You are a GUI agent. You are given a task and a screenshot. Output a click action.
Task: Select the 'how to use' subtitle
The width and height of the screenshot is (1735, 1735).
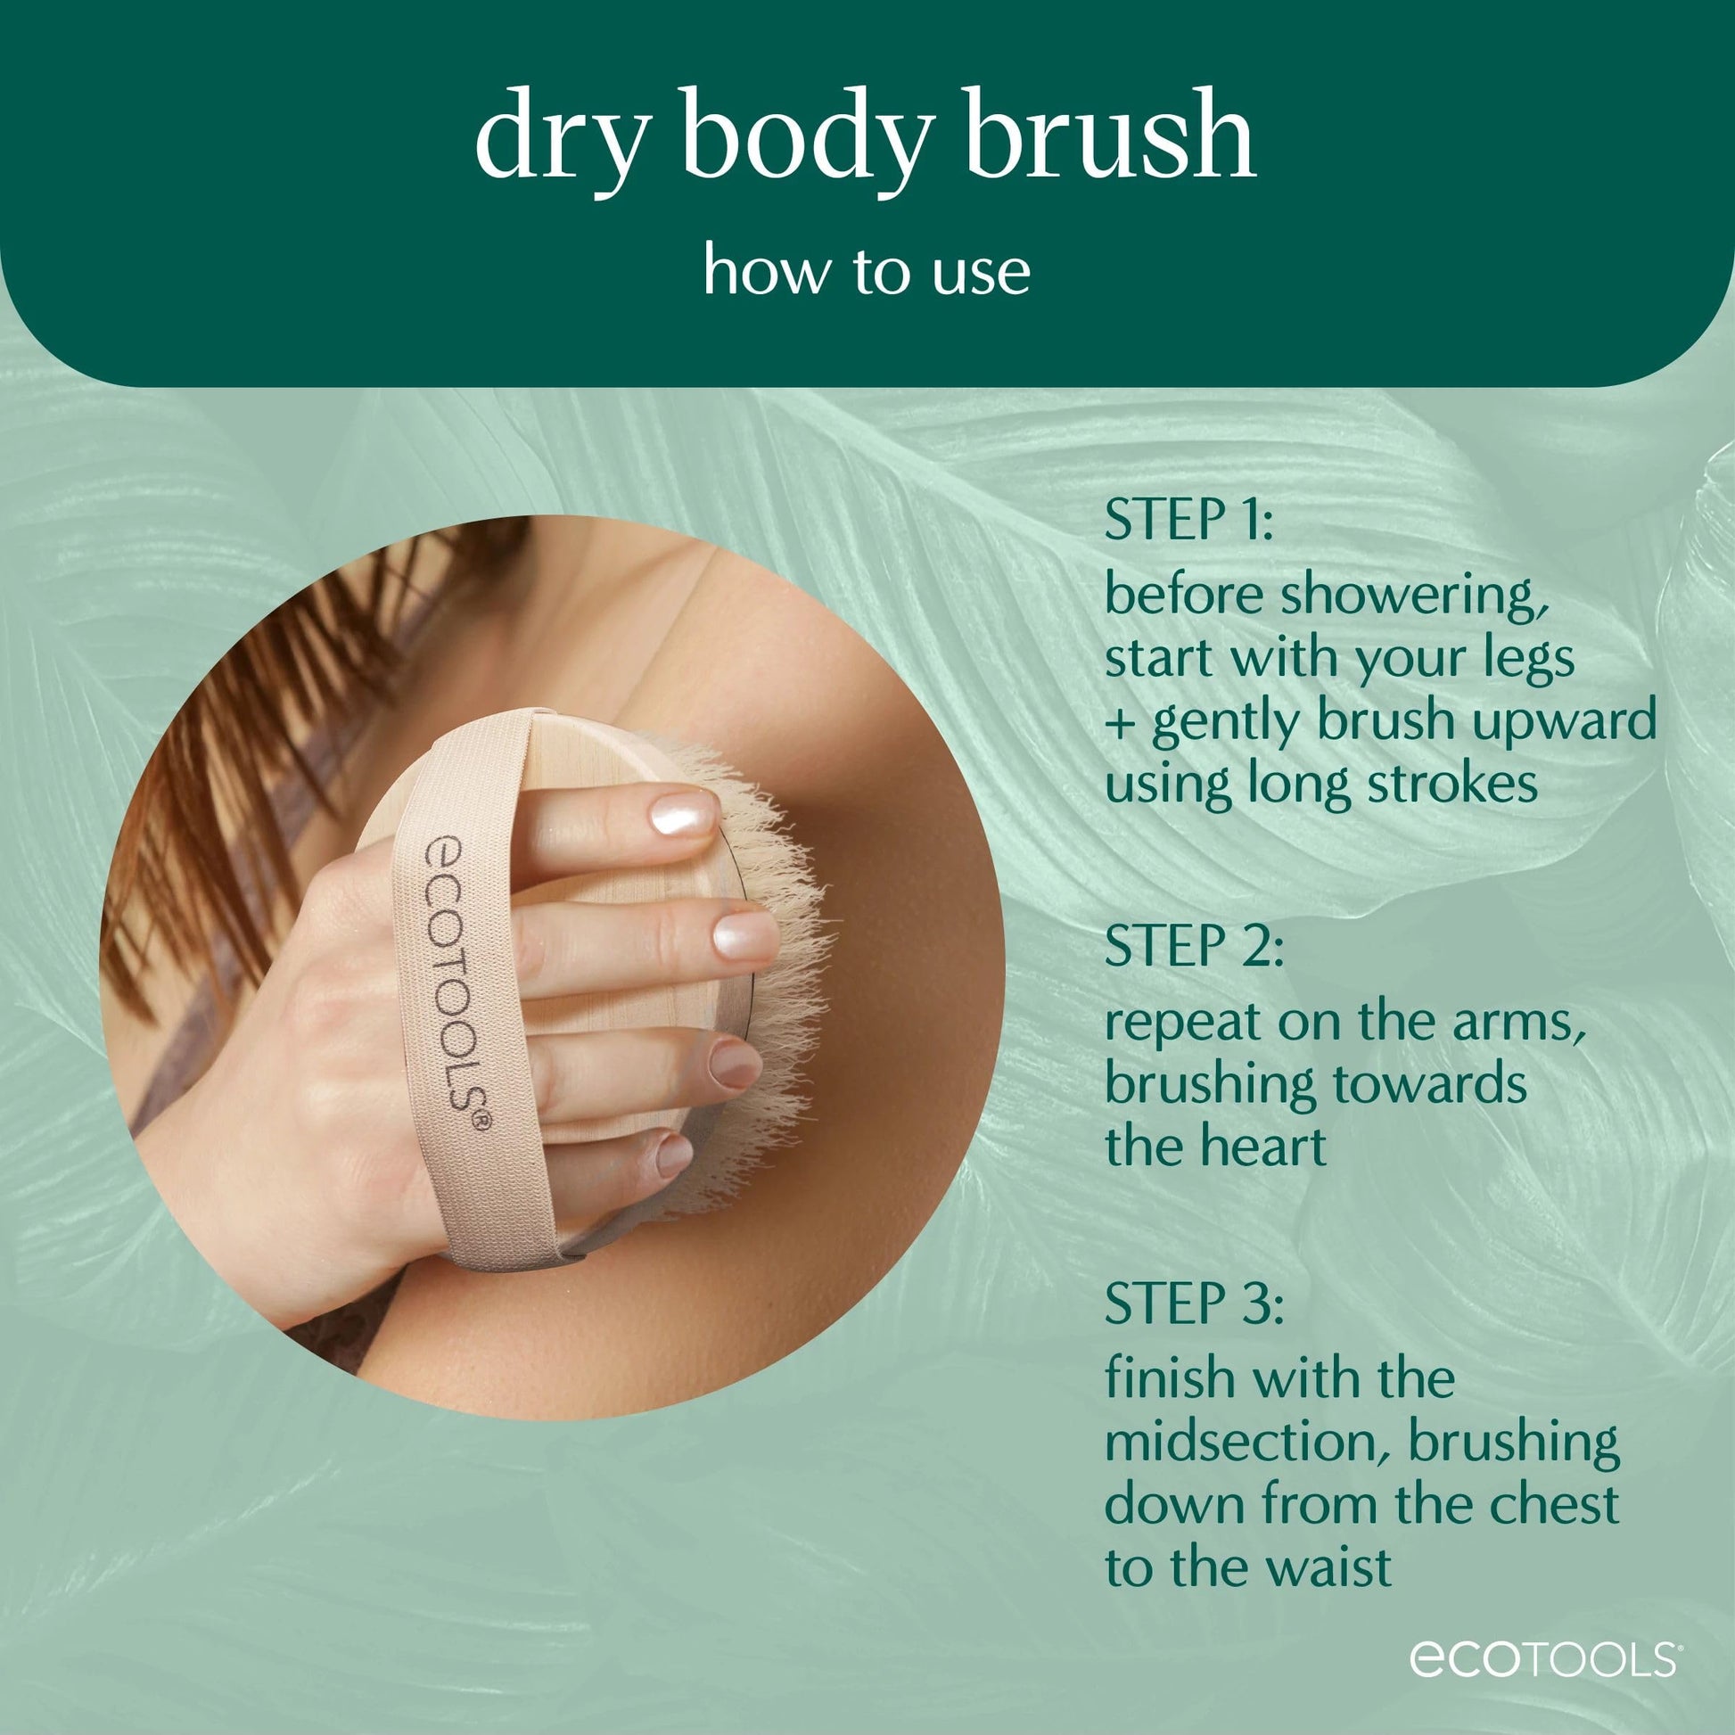coord(867,271)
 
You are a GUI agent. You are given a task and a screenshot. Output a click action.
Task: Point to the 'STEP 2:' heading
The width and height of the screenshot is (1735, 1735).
coord(1194,946)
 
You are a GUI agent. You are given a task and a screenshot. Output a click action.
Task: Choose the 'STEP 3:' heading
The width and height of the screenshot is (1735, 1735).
coord(1194,1304)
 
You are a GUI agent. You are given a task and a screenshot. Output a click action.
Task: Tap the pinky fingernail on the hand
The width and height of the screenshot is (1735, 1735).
coord(674,1155)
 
